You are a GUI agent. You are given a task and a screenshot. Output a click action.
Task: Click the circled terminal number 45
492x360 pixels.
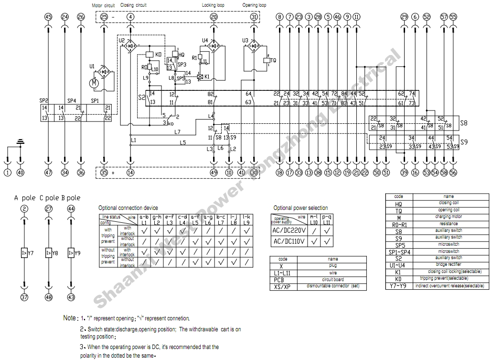point(48,17)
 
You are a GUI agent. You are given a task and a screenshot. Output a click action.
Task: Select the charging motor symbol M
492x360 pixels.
point(94,84)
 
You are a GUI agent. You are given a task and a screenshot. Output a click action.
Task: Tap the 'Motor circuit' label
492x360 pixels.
point(103,5)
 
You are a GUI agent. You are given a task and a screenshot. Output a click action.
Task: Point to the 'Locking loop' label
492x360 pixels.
point(213,5)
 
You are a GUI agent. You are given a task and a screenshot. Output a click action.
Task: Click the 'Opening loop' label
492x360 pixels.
point(254,5)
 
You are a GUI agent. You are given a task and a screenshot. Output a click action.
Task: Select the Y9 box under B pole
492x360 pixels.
point(71,252)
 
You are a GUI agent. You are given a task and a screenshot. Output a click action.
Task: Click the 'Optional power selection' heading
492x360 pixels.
point(300,208)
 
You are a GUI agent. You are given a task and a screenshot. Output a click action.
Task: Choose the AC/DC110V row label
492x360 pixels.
point(289,242)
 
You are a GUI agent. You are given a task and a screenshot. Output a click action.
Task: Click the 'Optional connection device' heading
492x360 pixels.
point(128,208)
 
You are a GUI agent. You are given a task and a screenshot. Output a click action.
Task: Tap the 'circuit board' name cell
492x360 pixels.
point(333,280)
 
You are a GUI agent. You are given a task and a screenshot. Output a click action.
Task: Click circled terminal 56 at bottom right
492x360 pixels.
point(453,173)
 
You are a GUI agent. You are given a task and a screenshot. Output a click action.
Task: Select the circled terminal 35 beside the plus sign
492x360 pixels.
point(105,173)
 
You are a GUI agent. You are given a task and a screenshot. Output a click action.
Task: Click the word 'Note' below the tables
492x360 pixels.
point(70,318)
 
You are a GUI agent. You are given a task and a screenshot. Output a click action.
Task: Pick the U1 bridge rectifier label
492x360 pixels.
point(92,66)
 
